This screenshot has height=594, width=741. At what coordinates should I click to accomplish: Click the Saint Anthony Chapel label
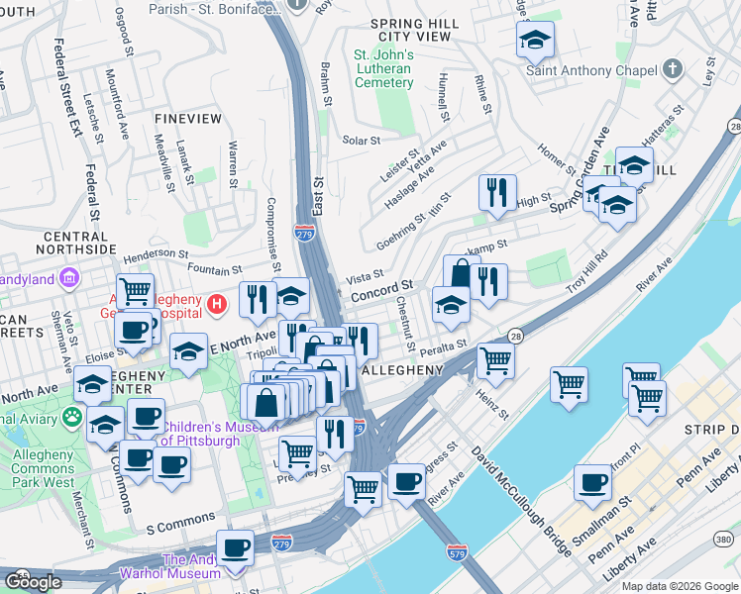tap(590, 70)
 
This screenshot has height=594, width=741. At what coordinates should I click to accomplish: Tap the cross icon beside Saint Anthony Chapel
tap(674, 69)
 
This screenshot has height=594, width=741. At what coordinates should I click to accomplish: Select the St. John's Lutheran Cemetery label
tap(383, 68)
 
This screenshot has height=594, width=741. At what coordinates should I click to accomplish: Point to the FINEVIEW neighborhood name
tap(188, 118)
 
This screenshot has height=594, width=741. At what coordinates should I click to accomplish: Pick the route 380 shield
tap(722, 540)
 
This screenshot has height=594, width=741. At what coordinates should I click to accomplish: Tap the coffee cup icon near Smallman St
tap(592, 483)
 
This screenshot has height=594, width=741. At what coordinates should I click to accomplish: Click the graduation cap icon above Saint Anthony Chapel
tap(535, 40)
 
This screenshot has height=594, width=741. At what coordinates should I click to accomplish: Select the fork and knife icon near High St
tap(496, 192)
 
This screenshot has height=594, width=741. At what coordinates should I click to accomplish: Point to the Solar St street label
tap(361, 141)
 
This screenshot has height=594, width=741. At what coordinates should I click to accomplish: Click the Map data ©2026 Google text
tap(680, 586)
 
